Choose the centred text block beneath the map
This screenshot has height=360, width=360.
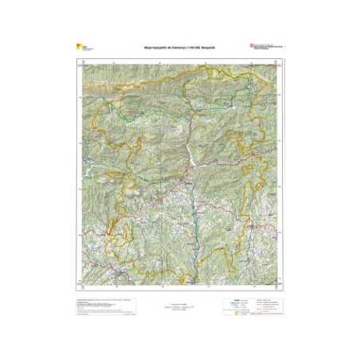point(180,305)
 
